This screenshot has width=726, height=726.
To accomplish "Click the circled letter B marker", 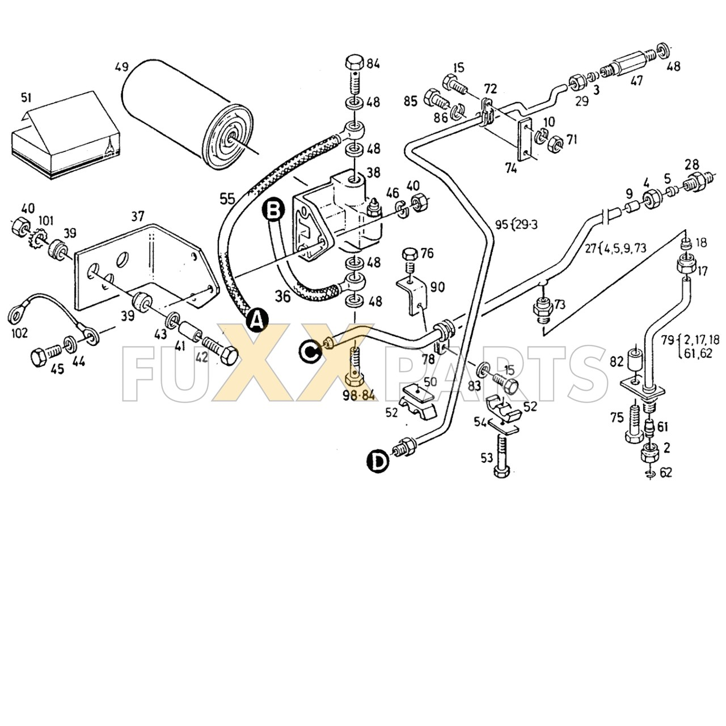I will [x=273, y=210].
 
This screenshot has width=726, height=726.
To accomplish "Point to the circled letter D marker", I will [x=378, y=461].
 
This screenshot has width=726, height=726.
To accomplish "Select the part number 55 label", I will [x=227, y=199].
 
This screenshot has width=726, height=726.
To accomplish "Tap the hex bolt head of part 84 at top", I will [x=355, y=62].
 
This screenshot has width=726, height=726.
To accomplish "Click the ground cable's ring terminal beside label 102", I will [x=16, y=313].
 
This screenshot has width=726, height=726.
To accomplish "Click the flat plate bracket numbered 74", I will [x=526, y=140].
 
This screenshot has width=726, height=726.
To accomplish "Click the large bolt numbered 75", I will [x=633, y=423].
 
